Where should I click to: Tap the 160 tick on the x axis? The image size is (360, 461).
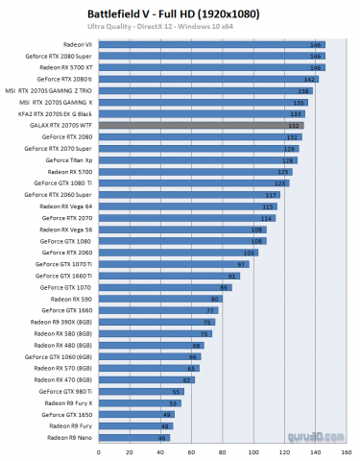[326, 450]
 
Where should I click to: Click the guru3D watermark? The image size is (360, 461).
[300, 441]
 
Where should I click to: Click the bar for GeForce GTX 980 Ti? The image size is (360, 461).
[153, 391]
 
